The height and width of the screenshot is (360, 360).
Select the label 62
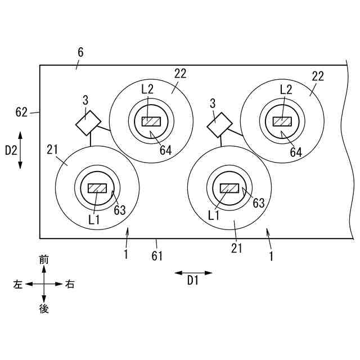22,112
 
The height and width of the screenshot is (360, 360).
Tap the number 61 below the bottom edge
157,256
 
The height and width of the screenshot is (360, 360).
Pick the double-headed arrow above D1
193,273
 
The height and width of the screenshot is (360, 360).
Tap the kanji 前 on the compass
44,259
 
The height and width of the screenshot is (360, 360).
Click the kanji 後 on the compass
44,308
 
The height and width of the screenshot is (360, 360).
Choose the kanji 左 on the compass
18,284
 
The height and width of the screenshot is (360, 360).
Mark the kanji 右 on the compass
70,284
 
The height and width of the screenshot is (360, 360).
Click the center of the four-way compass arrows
44,284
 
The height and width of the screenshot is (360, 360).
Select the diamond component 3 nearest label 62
88,123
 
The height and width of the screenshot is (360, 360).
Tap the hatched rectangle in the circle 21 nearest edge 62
97,188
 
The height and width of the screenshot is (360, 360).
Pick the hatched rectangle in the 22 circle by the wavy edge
282,121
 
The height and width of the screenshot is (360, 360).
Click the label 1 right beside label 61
126,254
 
